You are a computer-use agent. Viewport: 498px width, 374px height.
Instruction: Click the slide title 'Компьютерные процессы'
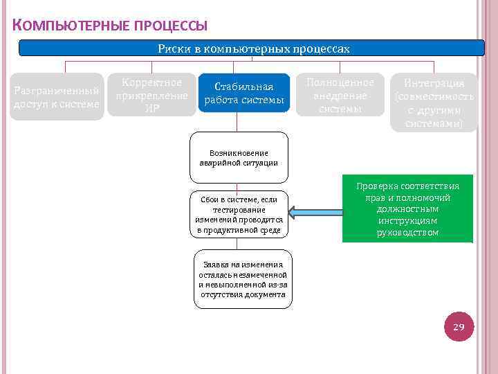pyautogui.click(x=110, y=26)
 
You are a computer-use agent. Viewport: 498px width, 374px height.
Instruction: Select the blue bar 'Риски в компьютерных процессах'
pyautogui.click(x=252, y=48)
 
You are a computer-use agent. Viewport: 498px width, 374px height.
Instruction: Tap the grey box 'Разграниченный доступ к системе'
pyautogui.click(x=57, y=97)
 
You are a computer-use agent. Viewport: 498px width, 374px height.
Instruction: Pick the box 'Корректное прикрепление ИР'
pyautogui.click(x=152, y=95)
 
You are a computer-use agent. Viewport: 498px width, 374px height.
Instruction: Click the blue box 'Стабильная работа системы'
pyautogui.click(x=243, y=93)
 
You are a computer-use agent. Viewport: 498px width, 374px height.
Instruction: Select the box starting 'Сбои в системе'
pyautogui.click(x=239, y=214)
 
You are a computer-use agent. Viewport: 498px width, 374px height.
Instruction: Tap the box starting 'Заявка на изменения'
pyautogui.click(x=242, y=279)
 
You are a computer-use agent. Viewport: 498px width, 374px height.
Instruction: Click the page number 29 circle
pyautogui.click(x=458, y=326)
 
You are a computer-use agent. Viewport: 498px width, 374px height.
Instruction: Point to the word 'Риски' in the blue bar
pyautogui.click(x=172, y=48)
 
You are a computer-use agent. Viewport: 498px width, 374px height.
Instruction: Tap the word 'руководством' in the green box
pyautogui.click(x=407, y=233)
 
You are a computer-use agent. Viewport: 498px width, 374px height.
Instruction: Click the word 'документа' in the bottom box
pyautogui.click(x=266, y=294)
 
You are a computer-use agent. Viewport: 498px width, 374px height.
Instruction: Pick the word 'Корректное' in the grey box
pyautogui.click(x=152, y=82)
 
